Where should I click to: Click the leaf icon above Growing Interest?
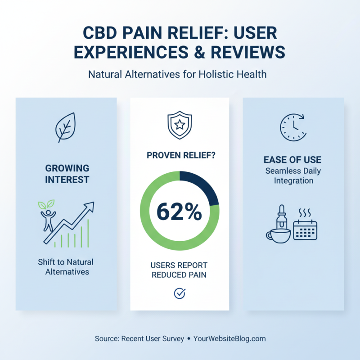pos(65,127)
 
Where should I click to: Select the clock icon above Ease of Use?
pos(292,126)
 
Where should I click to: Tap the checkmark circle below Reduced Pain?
pos(180,293)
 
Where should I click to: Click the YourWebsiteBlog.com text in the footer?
pos(229,338)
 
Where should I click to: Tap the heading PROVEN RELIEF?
pos(180,155)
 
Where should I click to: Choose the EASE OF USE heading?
pos(292,160)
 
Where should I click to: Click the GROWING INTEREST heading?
pos(67,174)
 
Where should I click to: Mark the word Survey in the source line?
pos(172,338)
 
